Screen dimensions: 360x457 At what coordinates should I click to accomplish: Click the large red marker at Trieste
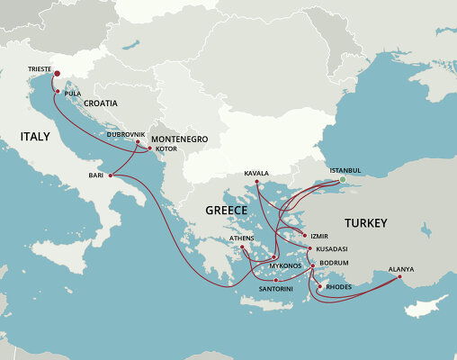click(57, 75)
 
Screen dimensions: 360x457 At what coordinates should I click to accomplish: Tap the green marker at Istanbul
click(342, 180)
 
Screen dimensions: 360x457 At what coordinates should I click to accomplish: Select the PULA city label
click(73, 93)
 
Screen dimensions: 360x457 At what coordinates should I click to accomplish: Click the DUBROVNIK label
click(125, 134)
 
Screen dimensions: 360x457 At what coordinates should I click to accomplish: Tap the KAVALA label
click(256, 173)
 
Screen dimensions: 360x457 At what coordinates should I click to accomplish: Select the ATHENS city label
click(242, 238)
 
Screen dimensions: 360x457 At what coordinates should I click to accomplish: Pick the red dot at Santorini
click(276, 280)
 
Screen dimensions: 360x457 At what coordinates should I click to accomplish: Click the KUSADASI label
click(331, 248)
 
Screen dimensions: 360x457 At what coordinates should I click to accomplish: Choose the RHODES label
click(338, 287)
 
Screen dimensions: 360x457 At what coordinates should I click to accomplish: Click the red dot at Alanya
click(400, 277)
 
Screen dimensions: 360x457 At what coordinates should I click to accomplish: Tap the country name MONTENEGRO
click(179, 139)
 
